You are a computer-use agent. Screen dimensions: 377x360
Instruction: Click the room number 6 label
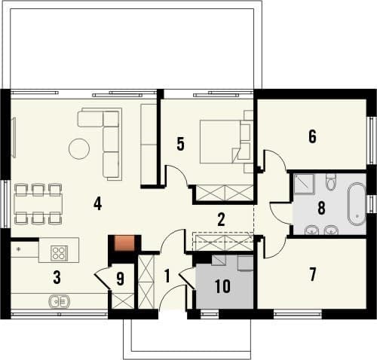(x=312, y=137)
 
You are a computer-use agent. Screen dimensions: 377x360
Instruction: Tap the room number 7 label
(x=312, y=274)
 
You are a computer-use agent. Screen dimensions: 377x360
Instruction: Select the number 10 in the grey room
(x=222, y=286)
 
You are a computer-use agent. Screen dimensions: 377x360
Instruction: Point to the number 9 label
(x=121, y=279)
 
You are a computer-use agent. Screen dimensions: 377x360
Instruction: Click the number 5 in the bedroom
(x=180, y=144)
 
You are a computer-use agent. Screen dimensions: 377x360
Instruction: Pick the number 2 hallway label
(x=221, y=219)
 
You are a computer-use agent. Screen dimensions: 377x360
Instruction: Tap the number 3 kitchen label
(x=57, y=278)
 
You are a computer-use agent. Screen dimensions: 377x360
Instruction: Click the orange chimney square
(x=124, y=243)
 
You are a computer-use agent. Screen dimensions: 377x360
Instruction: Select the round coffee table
(x=79, y=148)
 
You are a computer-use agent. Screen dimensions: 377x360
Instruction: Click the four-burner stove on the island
(x=59, y=252)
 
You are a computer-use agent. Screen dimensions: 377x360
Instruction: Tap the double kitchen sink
(x=60, y=301)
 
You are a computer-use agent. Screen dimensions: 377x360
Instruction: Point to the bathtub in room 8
(x=357, y=203)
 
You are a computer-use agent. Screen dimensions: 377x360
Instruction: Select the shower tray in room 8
(x=304, y=184)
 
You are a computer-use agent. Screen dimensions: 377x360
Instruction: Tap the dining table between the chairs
(x=38, y=203)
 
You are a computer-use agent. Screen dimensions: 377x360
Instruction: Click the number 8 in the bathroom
(x=321, y=208)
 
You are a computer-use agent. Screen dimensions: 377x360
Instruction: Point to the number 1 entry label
(x=167, y=276)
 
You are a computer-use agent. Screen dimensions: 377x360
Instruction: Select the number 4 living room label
(x=97, y=203)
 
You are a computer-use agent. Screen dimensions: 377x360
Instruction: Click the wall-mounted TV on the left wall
(x=14, y=138)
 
